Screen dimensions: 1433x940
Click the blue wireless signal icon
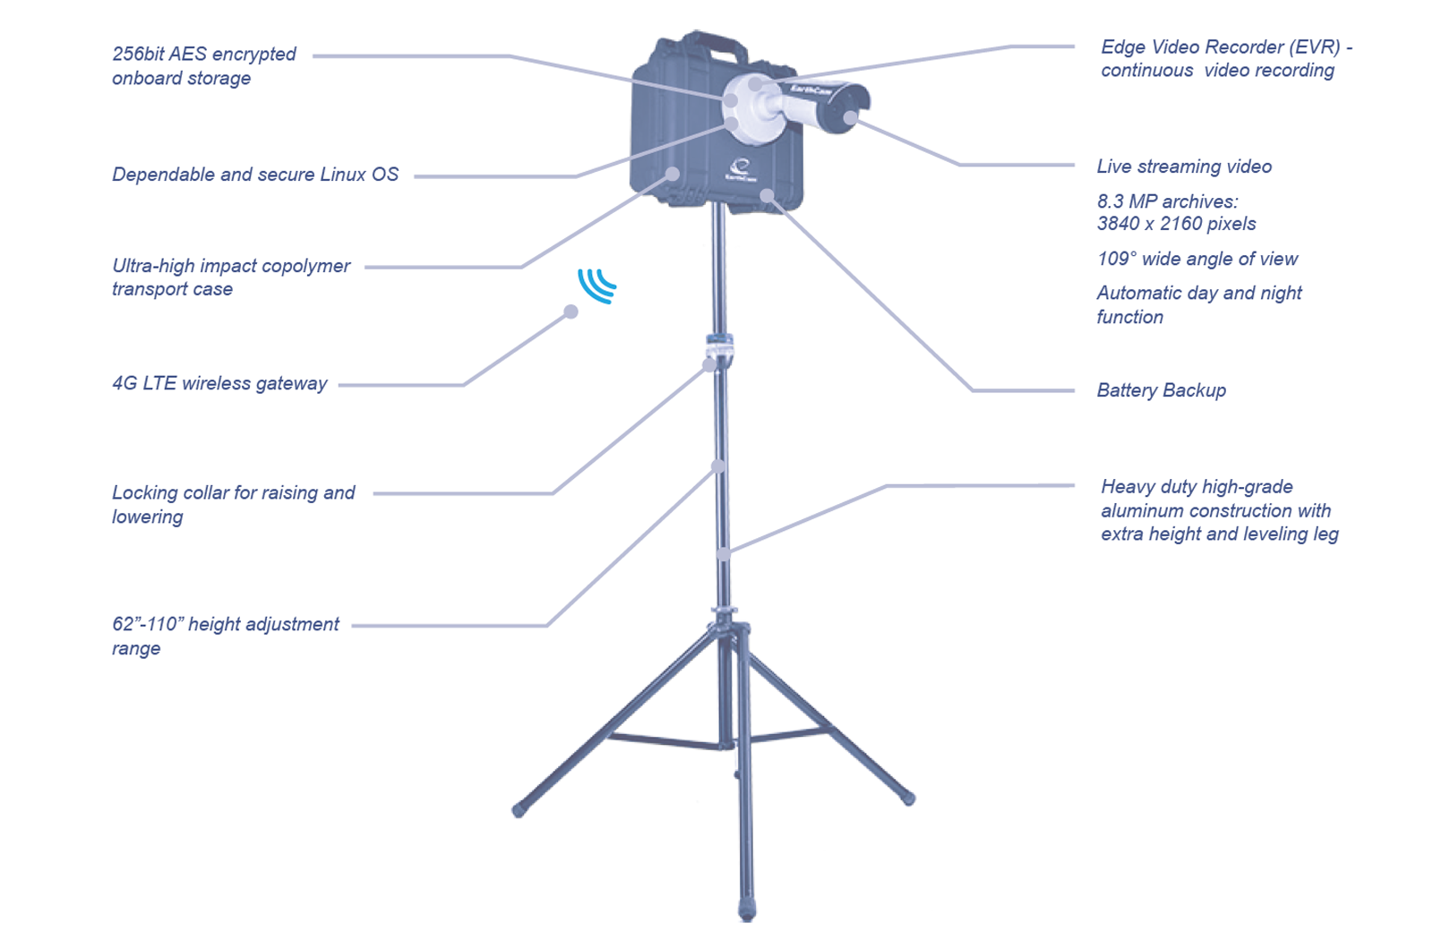(597, 286)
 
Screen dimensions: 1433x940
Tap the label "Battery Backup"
(1161, 390)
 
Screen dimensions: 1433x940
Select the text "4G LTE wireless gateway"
(219, 383)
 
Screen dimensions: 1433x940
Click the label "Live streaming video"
(1184, 167)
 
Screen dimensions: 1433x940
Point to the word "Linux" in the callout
(343, 174)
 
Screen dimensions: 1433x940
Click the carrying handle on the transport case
(704, 44)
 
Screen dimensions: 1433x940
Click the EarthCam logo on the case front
(742, 170)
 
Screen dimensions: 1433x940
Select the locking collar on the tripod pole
(719, 348)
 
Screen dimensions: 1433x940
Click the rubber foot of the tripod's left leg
(519, 811)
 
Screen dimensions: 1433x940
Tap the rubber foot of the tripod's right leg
(908, 798)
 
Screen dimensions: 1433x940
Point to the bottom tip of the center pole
(747, 911)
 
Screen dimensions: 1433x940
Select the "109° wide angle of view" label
(1197, 259)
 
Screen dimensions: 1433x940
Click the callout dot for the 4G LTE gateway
(571, 312)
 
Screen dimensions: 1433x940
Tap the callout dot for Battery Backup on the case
(767, 195)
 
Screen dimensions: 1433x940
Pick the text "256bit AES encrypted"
(204, 54)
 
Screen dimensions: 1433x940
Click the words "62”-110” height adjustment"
(226, 624)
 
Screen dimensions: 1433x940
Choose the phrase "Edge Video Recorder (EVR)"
(1221, 47)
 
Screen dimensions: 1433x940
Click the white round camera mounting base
(751, 108)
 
